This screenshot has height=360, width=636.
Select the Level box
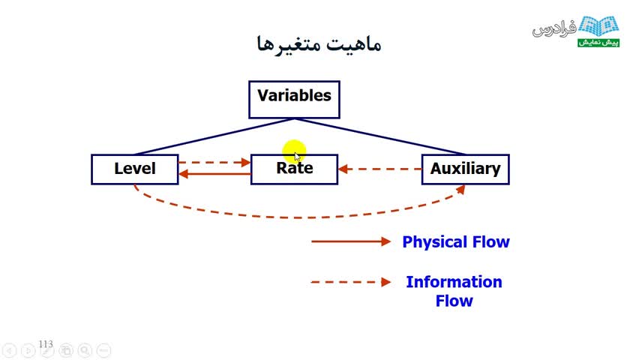[135, 169]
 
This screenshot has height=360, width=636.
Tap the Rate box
[294, 169]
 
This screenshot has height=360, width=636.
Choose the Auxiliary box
[465, 169]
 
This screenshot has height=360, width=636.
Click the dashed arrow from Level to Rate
[214, 162]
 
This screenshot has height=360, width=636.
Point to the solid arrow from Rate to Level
[214, 175]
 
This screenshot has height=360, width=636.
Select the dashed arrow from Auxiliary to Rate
[379, 169]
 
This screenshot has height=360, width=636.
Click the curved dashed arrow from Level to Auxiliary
[300, 217]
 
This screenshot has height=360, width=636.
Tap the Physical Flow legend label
[456, 242]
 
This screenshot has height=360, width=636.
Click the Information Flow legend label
[454, 291]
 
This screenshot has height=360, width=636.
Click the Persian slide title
[319, 43]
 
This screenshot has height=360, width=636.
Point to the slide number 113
[46, 344]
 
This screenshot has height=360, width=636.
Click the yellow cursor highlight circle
[295, 151]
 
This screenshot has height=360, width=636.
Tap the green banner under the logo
[598, 42]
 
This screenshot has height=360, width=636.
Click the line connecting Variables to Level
[214, 136]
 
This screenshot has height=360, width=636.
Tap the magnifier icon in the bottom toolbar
[85, 350]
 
